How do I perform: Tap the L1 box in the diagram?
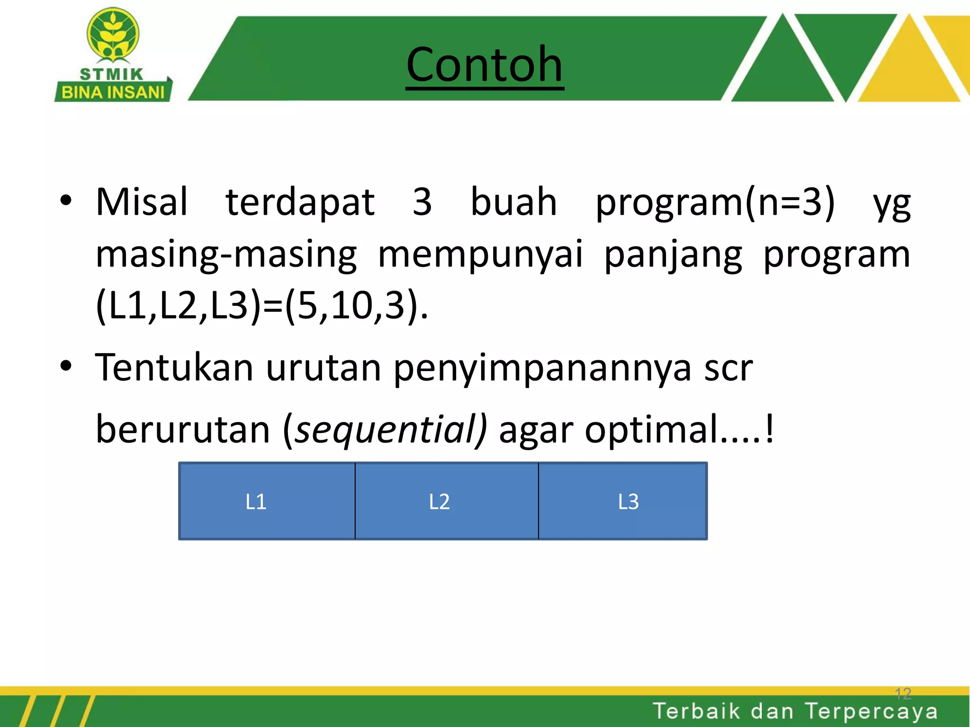267,501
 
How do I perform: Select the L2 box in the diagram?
446,501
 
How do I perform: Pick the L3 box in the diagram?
622,501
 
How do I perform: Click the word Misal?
142,202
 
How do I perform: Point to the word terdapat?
300,202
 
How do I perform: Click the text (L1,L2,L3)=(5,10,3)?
261,306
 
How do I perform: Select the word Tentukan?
174,367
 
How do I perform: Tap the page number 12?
903,694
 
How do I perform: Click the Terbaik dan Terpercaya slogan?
795,711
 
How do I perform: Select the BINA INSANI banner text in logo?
113,92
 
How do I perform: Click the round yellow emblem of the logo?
113,34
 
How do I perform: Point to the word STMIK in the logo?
111,74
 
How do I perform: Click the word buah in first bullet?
513,202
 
